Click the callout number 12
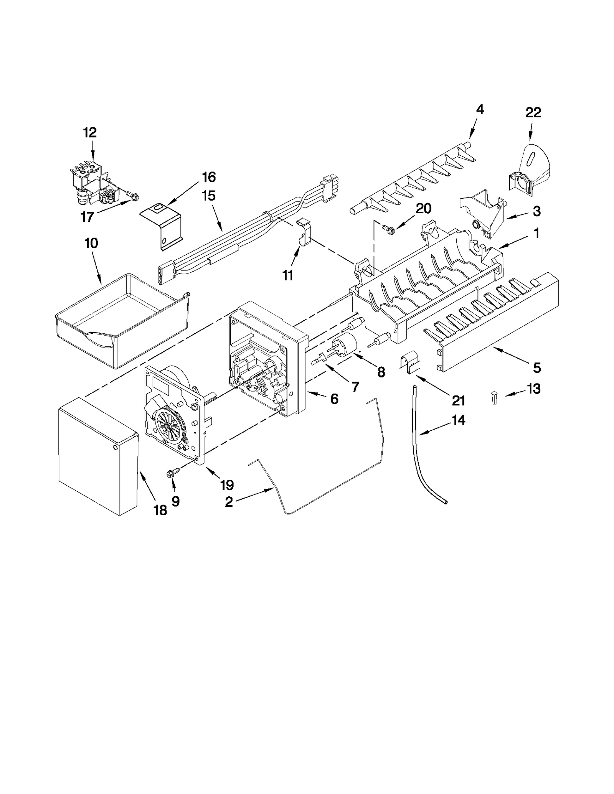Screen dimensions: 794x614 (90, 133)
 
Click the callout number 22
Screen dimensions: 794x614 (533, 112)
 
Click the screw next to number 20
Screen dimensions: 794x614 (386, 229)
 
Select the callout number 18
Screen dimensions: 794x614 (160, 510)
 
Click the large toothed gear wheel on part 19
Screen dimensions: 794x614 (169, 426)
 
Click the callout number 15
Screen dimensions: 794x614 (209, 196)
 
